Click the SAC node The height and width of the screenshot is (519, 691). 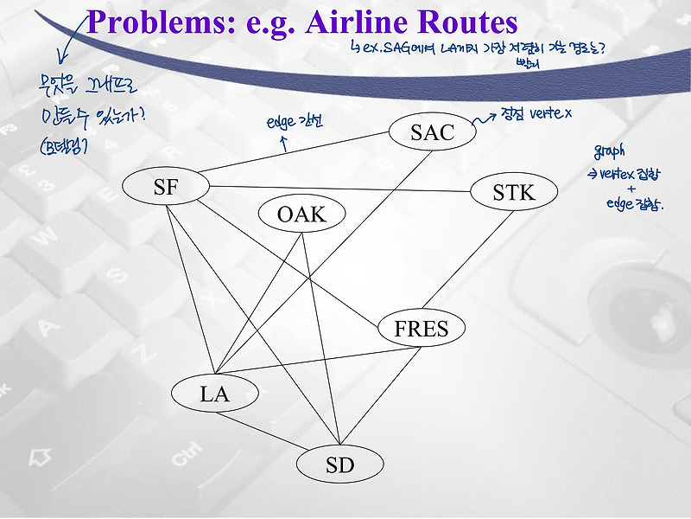432,132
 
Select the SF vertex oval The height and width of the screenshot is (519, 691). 166,187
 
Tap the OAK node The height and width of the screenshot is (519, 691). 301,214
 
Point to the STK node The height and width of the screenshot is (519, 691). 514,192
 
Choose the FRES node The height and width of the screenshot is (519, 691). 422,329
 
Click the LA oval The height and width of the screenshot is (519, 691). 214,394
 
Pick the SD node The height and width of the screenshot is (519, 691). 339,465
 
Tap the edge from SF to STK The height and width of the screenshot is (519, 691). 345,189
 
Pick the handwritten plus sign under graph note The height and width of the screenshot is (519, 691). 631,189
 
